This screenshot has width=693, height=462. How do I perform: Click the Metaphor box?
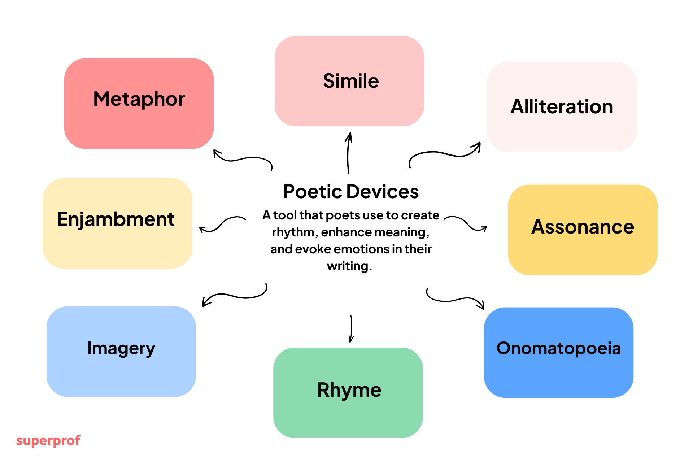[x=139, y=104]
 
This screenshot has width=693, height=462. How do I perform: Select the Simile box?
[x=349, y=81]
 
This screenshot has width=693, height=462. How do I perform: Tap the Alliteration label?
[x=562, y=107]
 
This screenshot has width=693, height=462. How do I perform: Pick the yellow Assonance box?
[x=583, y=230]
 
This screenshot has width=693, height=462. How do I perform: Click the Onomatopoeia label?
[x=558, y=348]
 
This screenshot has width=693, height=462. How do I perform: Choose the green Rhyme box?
[x=348, y=393]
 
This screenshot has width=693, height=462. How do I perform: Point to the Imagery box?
[x=121, y=352]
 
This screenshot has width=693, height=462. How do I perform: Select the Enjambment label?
[x=115, y=219]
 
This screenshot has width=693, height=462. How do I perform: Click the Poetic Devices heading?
[x=351, y=191]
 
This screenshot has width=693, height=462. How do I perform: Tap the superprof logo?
[x=48, y=441]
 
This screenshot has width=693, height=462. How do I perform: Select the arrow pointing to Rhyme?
[x=351, y=328]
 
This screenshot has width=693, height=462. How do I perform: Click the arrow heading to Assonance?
[x=466, y=223]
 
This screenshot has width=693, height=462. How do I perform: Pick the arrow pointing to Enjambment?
[x=222, y=224]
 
